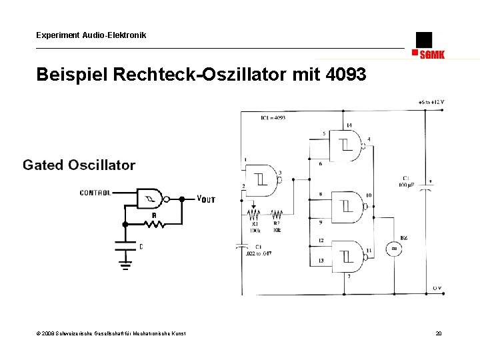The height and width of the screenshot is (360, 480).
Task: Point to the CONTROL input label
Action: click(x=95, y=193)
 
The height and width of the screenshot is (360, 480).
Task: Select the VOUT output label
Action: click(x=206, y=199)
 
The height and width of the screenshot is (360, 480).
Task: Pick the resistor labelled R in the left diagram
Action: click(x=154, y=224)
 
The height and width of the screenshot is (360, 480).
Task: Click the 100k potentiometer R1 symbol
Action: click(x=254, y=215)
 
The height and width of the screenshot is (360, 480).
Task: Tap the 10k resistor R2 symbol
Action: click(x=276, y=215)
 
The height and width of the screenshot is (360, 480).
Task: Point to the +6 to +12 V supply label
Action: click(x=431, y=102)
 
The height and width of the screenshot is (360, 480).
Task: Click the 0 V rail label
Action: click(x=437, y=288)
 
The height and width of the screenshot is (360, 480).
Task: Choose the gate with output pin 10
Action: click(x=349, y=202)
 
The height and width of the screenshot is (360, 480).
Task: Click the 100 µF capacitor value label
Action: click(x=405, y=184)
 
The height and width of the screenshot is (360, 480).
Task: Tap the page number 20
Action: click(x=438, y=333)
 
